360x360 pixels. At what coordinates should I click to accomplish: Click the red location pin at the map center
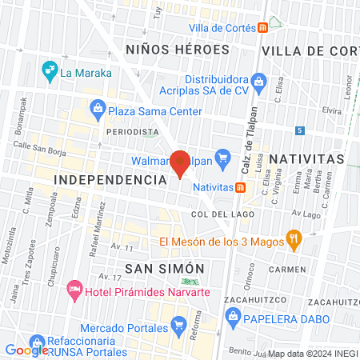coord(181,162)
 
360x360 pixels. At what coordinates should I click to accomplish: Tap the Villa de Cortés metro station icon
coord(262,28)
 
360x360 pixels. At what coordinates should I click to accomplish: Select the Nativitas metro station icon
coord(241,186)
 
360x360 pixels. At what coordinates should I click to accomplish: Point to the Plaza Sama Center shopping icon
coord(97,106)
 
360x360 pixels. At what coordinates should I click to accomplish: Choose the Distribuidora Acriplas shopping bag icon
coord(258,80)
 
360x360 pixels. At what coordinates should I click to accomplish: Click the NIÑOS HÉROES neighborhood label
coord(178,50)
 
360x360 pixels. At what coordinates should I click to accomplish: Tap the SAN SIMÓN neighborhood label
coord(166,268)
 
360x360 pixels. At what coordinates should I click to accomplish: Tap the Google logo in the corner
coord(26,350)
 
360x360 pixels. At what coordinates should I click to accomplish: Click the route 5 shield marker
coord(299,130)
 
